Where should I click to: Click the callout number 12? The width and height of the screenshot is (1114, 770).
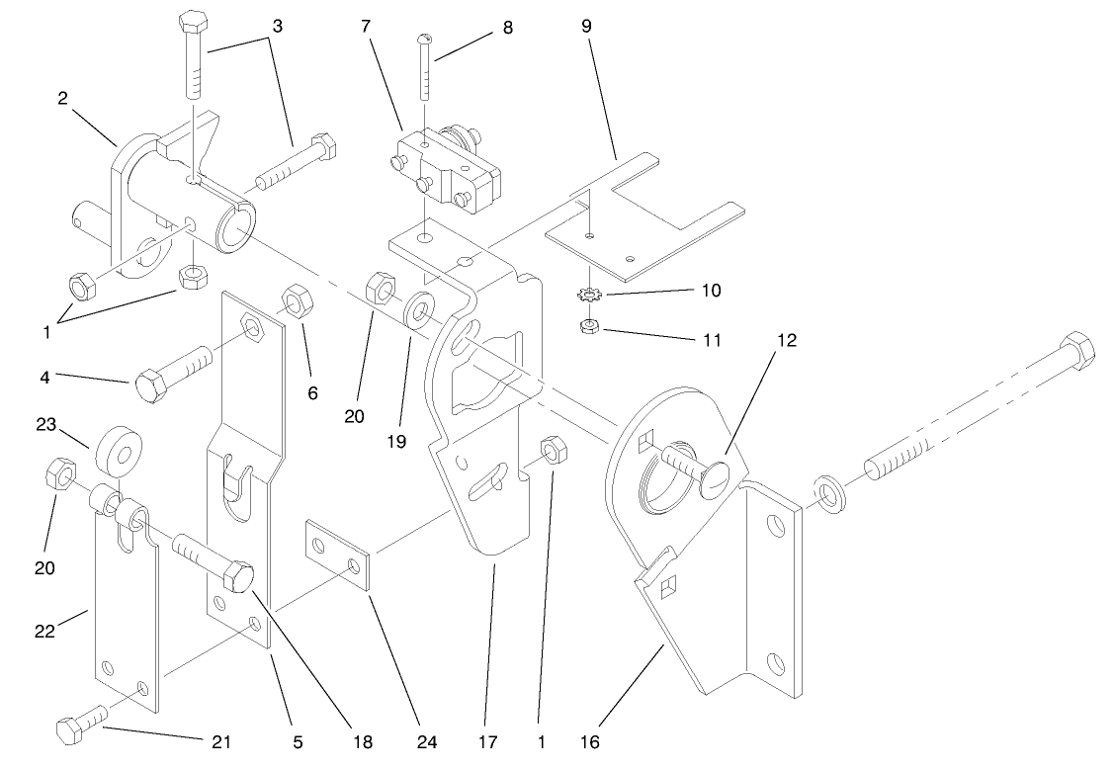[786, 339]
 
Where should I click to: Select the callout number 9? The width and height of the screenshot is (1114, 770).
[586, 26]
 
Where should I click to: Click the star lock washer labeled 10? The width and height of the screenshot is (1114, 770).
[588, 294]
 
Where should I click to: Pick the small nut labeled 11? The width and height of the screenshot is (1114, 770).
[588, 326]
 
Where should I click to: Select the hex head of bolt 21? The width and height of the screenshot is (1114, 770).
[69, 732]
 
